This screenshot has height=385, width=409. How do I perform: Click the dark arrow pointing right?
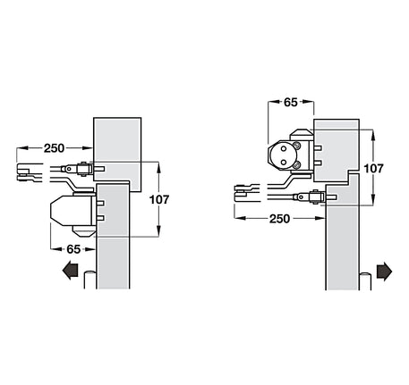coord(386,270)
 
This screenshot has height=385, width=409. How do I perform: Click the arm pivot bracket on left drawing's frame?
coord(84,168)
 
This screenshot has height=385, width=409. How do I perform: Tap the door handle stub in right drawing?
coord(368,282)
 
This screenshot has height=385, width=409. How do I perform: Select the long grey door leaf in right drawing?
coord(345,250)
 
